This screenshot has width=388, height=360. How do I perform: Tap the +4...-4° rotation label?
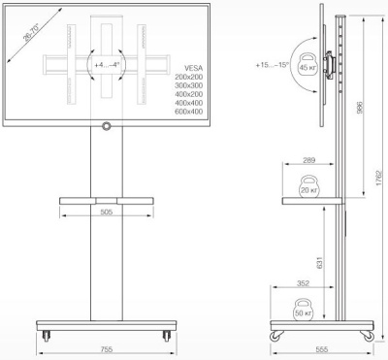click(105, 66)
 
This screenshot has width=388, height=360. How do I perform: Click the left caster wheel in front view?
click(48, 336)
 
